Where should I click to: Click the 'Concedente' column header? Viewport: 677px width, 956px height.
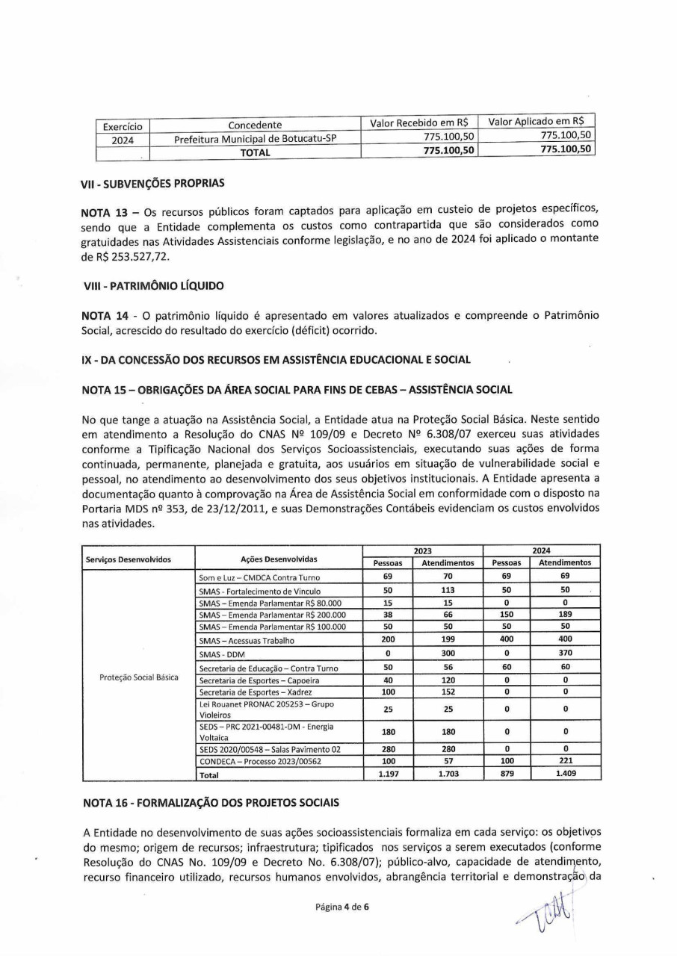click(x=255, y=125)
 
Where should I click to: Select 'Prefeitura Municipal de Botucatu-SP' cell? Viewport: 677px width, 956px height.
click(x=255, y=139)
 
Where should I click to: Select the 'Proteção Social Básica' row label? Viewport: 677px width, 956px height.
click(x=138, y=677)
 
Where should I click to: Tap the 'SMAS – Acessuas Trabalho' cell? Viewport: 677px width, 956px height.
click(x=247, y=640)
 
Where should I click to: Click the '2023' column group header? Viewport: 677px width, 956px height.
click(x=422, y=550)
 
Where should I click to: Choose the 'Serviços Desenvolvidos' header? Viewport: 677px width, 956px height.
click(x=128, y=559)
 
